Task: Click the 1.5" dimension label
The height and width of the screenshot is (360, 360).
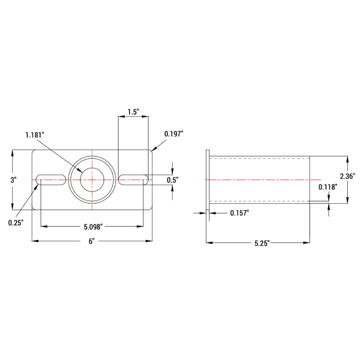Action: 133,112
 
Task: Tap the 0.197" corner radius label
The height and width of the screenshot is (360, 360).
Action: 174,134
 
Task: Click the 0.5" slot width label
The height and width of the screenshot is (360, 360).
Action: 172,180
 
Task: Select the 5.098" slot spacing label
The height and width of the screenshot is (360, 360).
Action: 92,227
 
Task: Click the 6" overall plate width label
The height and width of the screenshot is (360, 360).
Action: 91,242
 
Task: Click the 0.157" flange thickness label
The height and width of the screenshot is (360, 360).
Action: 239,213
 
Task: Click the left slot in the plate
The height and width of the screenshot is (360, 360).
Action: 51,180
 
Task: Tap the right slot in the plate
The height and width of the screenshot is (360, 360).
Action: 133,180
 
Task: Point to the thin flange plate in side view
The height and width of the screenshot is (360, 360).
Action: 208,180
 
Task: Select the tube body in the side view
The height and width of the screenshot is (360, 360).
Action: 259,180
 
